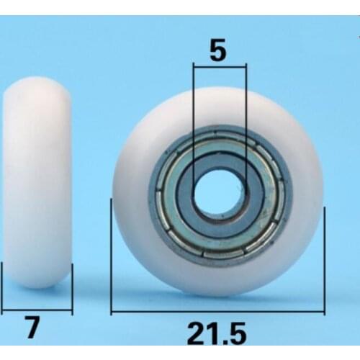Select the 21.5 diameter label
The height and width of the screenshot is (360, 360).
[x=217, y=334]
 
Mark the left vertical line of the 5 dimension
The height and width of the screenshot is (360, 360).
[x=193, y=130]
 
